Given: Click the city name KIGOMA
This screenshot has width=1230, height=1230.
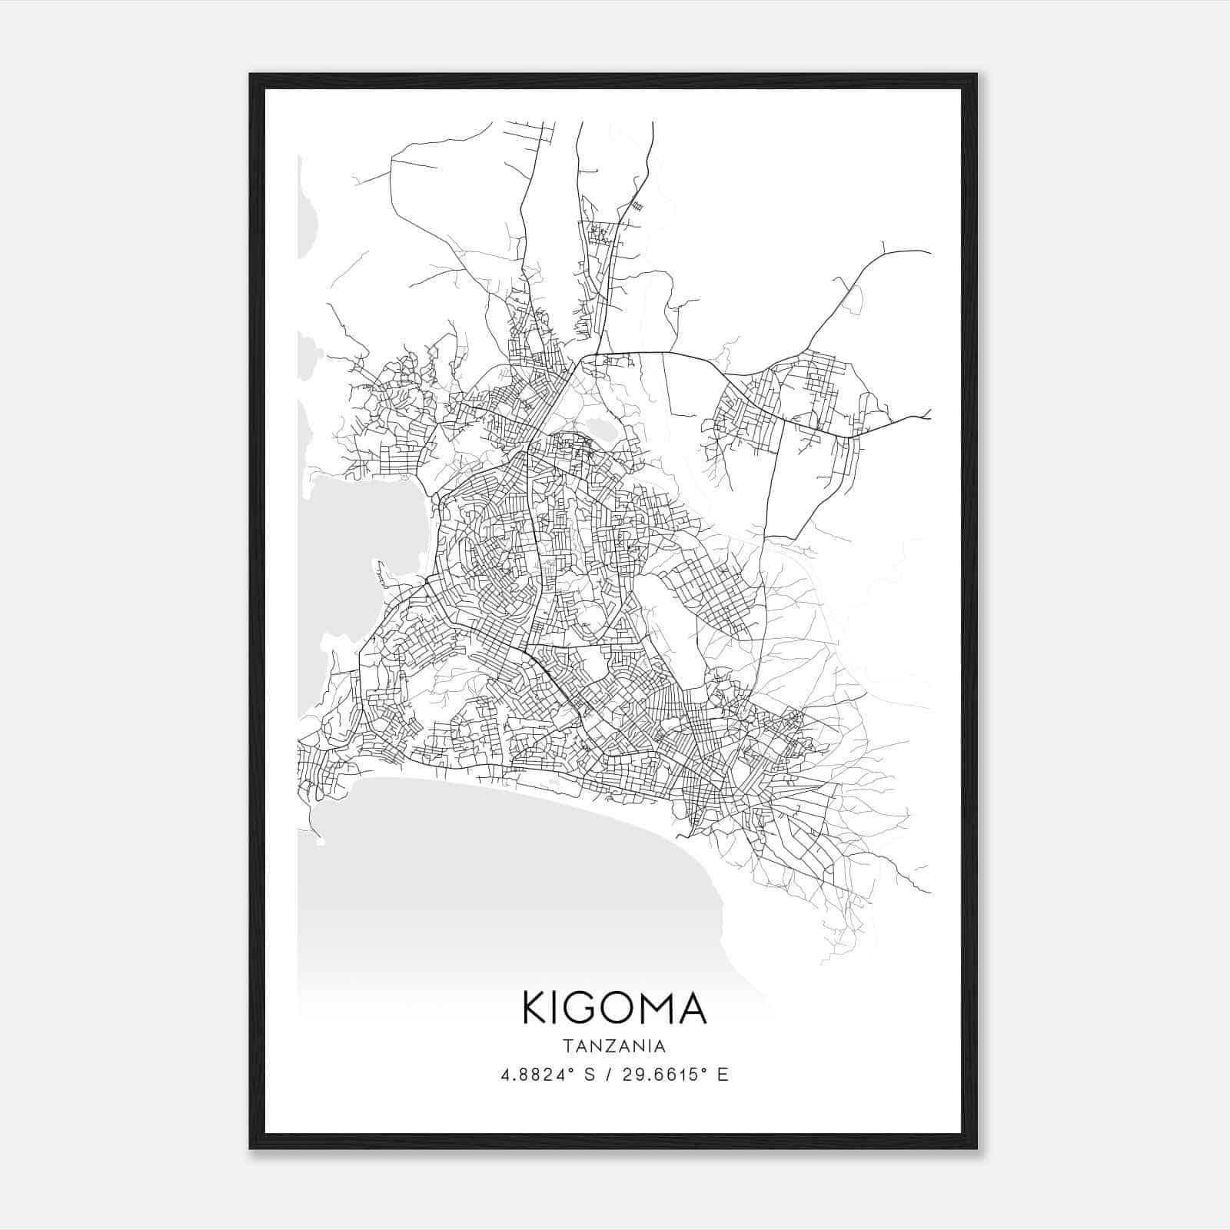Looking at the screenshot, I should (x=614, y=1008).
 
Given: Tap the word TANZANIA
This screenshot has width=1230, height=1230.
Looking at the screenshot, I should (x=614, y=1046).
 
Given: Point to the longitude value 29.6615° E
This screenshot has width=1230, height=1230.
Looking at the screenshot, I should (x=674, y=1075).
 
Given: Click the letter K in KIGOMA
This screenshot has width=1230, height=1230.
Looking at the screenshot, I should (x=536, y=1008).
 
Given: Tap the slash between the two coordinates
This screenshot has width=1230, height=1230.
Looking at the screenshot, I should (x=609, y=1075).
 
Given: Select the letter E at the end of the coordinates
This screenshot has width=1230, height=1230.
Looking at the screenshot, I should (x=723, y=1075).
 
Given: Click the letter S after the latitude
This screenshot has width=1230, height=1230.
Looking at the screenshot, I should (x=590, y=1075).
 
